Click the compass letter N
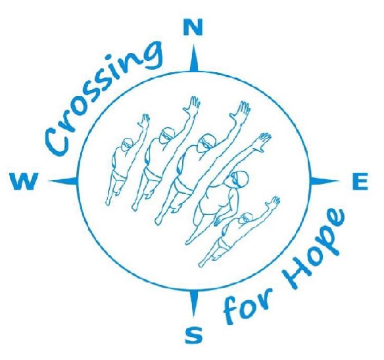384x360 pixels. pyautogui.click(x=193, y=27)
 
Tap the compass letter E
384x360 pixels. pyautogui.click(x=360, y=181)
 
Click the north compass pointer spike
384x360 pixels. pyautogui.click(x=194, y=58)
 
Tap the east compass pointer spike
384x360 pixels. pyautogui.click(x=324, y=181)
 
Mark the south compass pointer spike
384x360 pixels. pyautogui.click(x=194, y=304)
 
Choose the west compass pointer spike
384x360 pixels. pyautogui.click(x=63, y=181)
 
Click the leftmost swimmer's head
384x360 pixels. pyautogui.click(x=128, y=145)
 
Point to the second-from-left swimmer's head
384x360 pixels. pyautogui.click(x=167, y=135)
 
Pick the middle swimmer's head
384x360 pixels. pyautogui.click(x=207, y=143)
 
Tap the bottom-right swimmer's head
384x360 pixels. pyautogui.click(x=246, y=217)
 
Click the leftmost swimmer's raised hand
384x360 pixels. pyautogui.click(x=145, y=121)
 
